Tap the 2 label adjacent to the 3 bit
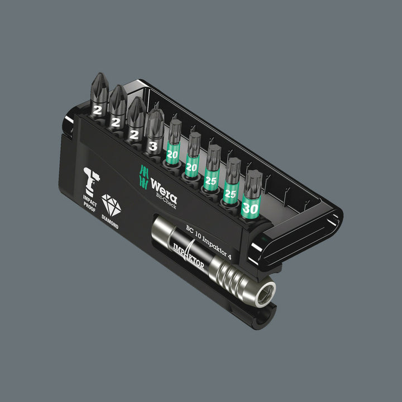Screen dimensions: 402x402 point(135,133)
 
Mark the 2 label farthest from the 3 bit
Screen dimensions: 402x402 point(98,111)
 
